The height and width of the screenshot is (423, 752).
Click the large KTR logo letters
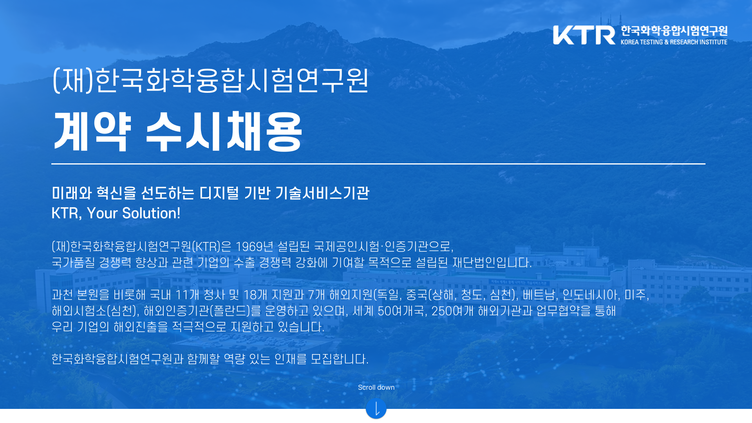(x=584, y=35)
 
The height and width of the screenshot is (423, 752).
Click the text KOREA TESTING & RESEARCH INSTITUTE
(x=674, y=42)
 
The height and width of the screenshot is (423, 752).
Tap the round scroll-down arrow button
(x=376, y=409)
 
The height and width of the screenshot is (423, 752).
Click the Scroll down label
(x=376, y=387)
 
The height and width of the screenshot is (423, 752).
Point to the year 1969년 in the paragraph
(x=254, y=246)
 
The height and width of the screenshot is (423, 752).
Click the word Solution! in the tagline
(x=151, y=213)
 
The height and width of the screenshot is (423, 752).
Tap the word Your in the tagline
(x=102, y=213)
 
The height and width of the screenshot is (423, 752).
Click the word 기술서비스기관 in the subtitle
(x=322, y=193)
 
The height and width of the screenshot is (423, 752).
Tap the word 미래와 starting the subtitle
(x=72, y=193)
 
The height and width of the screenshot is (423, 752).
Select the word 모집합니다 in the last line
(x=339, y=359)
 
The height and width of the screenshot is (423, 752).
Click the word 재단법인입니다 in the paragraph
(x=492, y=262)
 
